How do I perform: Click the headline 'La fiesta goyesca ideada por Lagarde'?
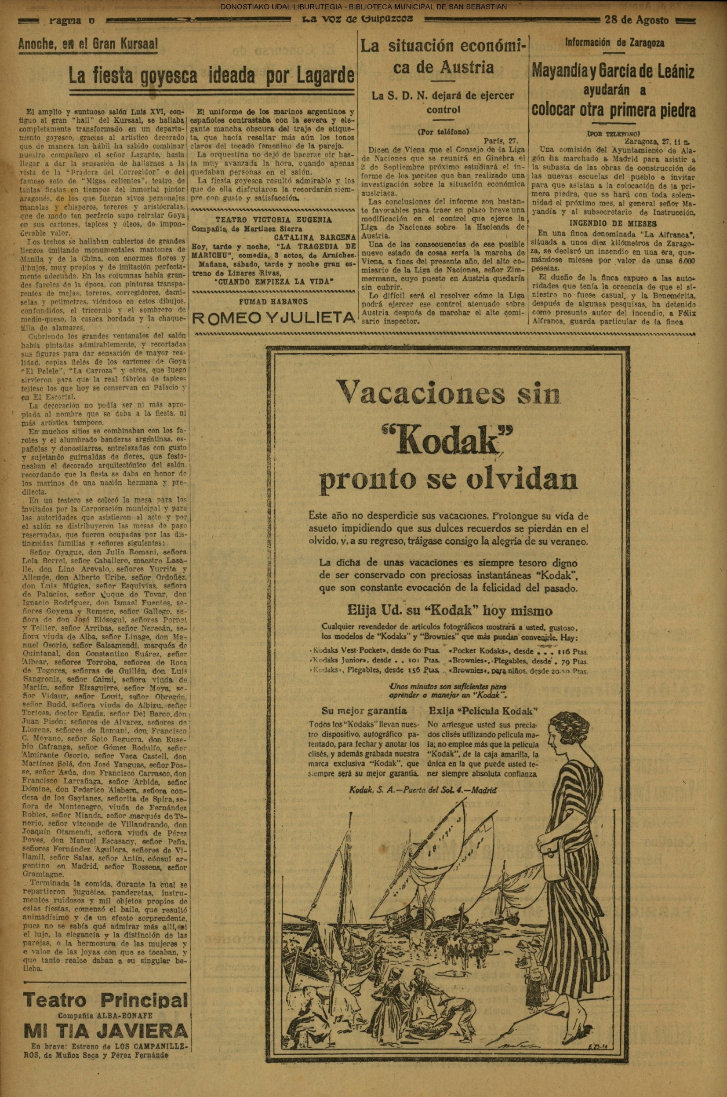point(211,76)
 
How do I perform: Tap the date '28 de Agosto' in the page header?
point(637,20)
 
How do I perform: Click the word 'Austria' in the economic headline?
point(459,68)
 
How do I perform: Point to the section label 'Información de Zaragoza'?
point(614,43)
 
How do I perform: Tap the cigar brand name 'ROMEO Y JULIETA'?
point(273,318)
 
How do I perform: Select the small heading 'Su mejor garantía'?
point(364,711)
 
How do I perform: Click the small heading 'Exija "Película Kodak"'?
point(483,711)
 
